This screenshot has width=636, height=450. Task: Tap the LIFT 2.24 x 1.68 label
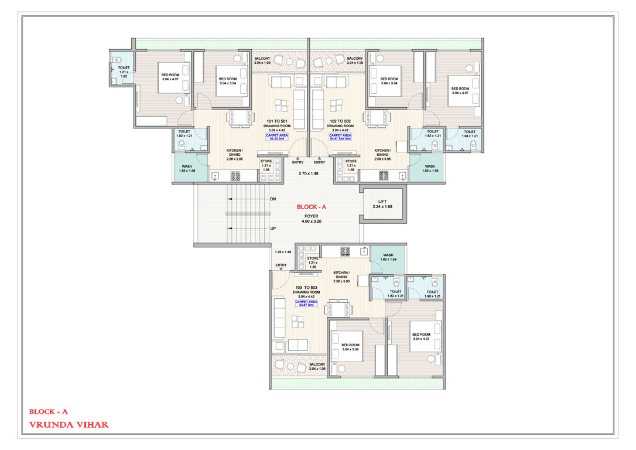tap(382, 204)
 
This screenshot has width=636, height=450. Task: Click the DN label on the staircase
tap(273, 200)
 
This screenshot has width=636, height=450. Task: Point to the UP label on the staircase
tap(273, 229)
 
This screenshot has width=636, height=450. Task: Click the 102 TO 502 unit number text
tap(340, 121)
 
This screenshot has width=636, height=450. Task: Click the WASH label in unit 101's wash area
tap(186, 169)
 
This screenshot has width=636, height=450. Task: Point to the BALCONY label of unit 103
tap(317, 366)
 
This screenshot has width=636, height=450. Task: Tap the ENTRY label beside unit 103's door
tap(281, 265)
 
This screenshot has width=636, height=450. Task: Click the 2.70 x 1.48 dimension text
tap(307, 174)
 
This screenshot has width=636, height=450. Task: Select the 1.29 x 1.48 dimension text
tap(283, 252)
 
